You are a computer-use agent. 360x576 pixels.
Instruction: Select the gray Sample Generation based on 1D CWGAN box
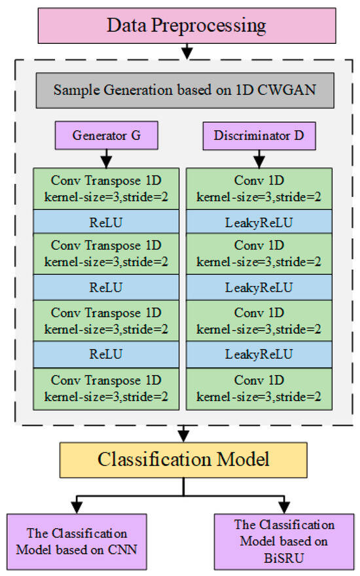coord(187,90)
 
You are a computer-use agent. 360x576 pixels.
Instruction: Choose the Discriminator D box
coord(261,137)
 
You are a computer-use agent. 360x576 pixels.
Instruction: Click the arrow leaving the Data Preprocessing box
coord(187,50)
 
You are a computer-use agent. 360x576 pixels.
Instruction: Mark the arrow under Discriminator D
coord(261,158)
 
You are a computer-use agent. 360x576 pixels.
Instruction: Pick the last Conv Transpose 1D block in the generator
coord(106,389)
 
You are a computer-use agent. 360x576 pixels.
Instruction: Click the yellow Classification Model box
coord(183,459)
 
